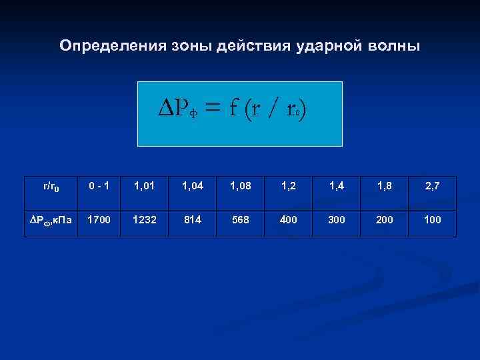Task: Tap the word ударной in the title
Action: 332,46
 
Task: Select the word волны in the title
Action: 393,46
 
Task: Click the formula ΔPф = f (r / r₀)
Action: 233,109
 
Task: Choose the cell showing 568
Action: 241,219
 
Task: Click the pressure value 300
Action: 337,219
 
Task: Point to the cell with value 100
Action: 432,219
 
